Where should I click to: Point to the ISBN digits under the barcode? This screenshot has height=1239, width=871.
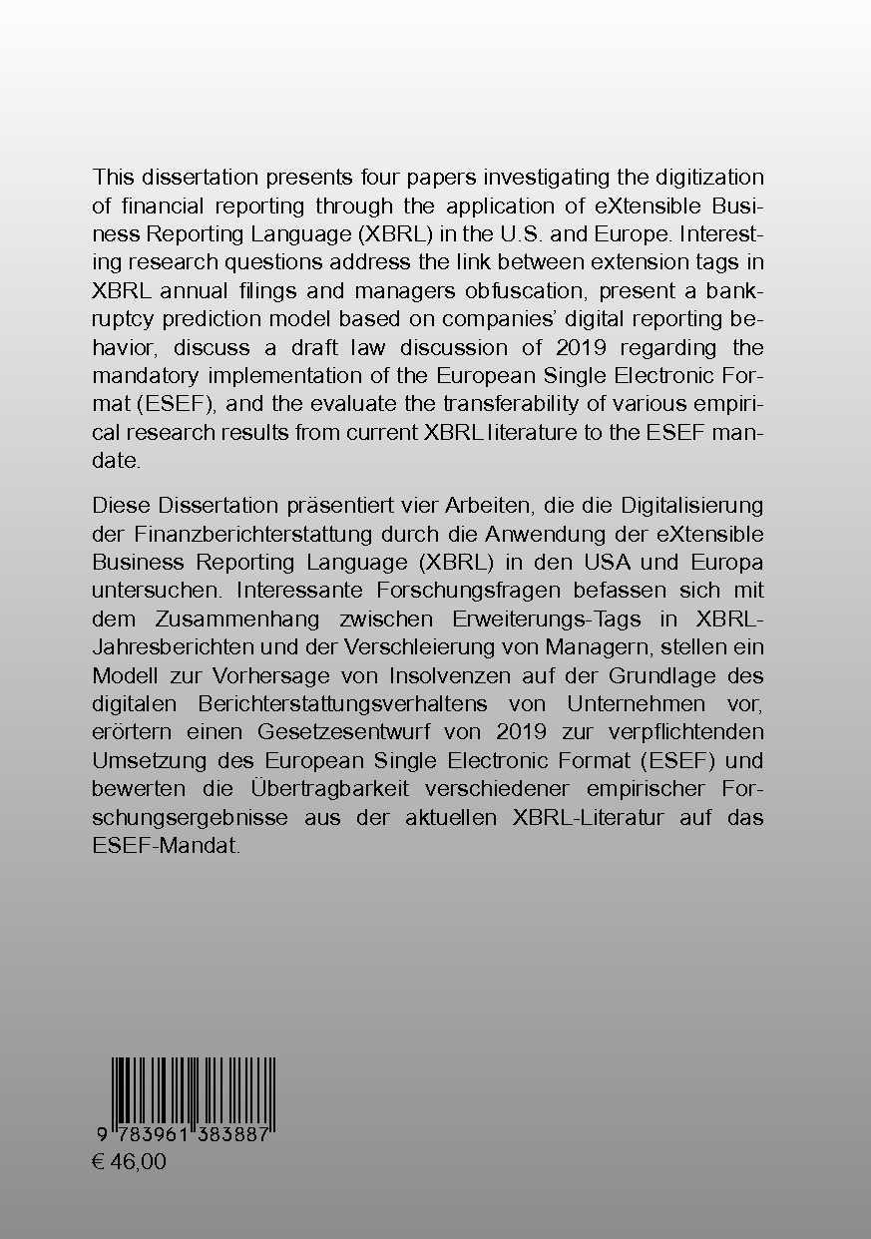click(x=186, y=1136)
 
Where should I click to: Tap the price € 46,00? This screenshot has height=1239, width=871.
click(x=129, y=1161)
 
